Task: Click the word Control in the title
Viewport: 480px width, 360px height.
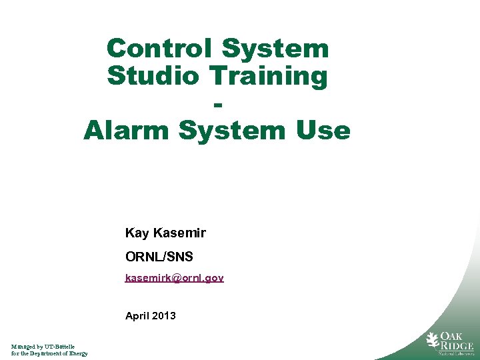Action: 159,48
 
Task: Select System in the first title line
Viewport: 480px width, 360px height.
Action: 275,48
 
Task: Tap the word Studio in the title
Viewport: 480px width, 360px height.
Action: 153,76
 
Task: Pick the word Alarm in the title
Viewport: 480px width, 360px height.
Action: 127,130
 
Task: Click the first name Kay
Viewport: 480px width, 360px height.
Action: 137,233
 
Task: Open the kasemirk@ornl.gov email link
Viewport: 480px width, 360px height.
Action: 175,277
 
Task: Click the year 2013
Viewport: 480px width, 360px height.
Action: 164,315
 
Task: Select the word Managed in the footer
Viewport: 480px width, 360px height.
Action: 23,347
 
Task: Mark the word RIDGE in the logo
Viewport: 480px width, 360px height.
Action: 457,346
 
